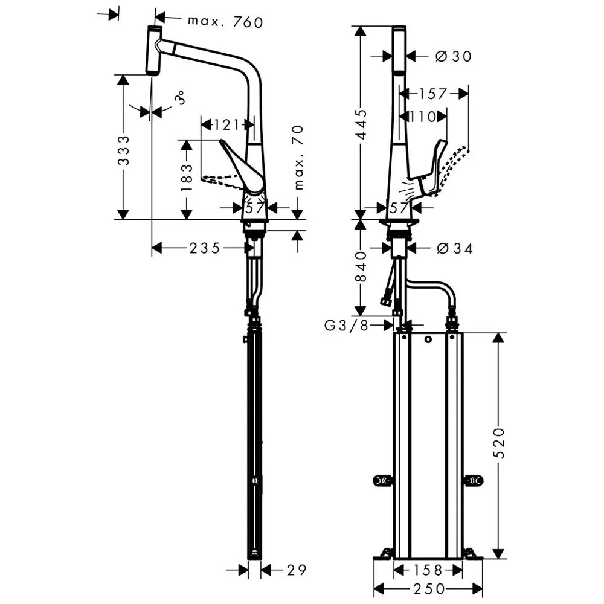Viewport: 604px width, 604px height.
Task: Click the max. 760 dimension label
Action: (x=225, y=22)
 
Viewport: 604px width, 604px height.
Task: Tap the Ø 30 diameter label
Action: (x=454, y=56)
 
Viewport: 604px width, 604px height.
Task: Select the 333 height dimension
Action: (x=124, y=150)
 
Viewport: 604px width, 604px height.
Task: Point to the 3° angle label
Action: (x=181, y=98)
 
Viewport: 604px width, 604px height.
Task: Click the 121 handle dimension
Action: (x=227, y=125)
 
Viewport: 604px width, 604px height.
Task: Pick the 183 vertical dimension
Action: (x=187, y=178)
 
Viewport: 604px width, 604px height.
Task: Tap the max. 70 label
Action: (x=299, y=157)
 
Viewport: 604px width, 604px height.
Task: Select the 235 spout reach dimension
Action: (x=205, y=248)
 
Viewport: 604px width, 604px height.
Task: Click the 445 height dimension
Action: (x=361, y=124)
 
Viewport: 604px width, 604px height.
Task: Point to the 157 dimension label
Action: (x=433, y=94)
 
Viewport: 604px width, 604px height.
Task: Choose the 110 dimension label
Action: (x=423, y=117)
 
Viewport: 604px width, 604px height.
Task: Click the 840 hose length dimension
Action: (x=361, y=267)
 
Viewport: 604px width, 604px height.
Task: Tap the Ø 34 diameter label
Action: (x=455, y=248)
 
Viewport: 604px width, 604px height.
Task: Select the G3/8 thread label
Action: (x=347, y=326)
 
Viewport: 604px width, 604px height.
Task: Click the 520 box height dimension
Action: (x=499, y=443)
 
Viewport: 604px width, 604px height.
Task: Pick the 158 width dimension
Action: (x=428, y=570)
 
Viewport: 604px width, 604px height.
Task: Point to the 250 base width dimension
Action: (x=429, y=588)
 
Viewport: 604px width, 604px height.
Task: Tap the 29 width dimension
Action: (x=297, y=570)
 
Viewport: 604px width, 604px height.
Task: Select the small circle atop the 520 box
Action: (x=428, y=339)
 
